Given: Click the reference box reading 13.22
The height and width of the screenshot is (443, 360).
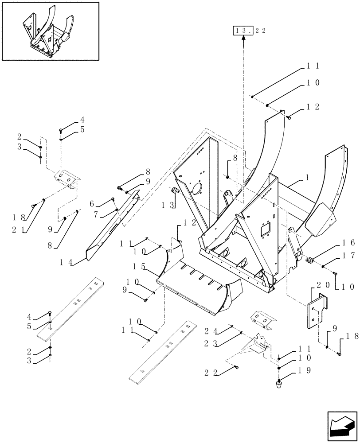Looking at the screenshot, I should [243, 31].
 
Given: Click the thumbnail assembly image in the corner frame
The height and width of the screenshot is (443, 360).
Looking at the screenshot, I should [50, 31].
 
